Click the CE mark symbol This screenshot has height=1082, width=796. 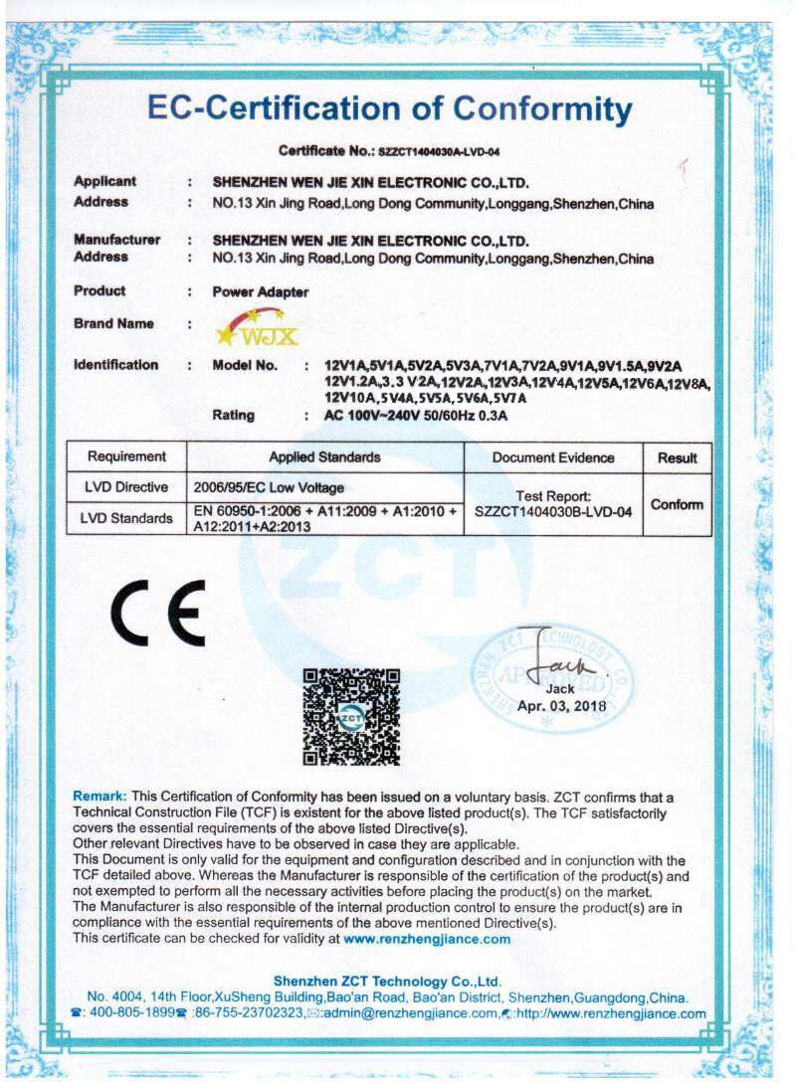click(158, 611)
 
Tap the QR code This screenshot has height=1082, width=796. click(350, 716)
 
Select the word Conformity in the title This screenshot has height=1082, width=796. click(541, 108)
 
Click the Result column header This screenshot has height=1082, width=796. click(677, 457)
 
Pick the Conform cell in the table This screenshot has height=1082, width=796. click(677, 504)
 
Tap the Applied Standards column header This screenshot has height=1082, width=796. click(324, 457)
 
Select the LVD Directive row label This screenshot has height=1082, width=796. click(126, 487)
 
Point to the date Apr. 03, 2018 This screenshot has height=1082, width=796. click(562, 706)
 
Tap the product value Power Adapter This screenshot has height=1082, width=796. click(261, 292)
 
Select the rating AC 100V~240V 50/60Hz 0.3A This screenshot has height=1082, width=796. click(416, 416)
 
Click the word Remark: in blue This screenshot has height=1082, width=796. click(100, 798)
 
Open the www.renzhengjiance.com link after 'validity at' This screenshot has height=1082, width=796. click(427, 938)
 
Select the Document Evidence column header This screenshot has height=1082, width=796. click(553, 457)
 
